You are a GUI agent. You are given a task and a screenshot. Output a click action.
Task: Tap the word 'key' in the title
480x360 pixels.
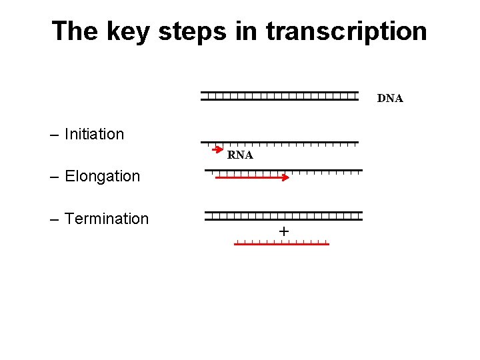(x=130, y=31)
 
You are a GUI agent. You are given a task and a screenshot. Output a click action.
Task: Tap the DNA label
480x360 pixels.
(x=390, y=99)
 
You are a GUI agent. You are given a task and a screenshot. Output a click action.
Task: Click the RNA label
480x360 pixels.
(x=240, y=155)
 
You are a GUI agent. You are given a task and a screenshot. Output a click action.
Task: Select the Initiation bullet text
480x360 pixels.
(x=94, y=134)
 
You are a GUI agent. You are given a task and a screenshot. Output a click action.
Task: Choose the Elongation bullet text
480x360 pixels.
(x=102, y=176)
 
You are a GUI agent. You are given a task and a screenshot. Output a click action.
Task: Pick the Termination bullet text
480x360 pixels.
(x=107, y=219)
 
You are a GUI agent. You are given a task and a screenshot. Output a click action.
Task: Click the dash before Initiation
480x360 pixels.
(x=55, y=135)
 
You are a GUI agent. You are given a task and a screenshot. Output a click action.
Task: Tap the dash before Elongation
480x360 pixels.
(x=55, y=177)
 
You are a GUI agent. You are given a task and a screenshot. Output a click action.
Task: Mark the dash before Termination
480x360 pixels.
(x=55, y=219)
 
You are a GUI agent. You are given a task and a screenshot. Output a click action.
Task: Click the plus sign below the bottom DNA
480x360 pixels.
(x=284, y=231)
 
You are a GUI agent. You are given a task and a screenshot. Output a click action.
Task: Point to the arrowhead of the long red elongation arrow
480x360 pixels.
(x=285, y=177)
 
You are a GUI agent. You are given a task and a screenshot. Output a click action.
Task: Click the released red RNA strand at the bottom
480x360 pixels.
(x=281, y=244)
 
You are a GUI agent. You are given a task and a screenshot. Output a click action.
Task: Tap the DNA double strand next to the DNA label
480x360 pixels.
(x=280, y=96)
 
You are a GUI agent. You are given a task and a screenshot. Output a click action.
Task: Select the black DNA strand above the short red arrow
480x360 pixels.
(x=280, y=143)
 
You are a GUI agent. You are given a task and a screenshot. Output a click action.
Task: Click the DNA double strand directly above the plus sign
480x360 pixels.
(x=283, y=216)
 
